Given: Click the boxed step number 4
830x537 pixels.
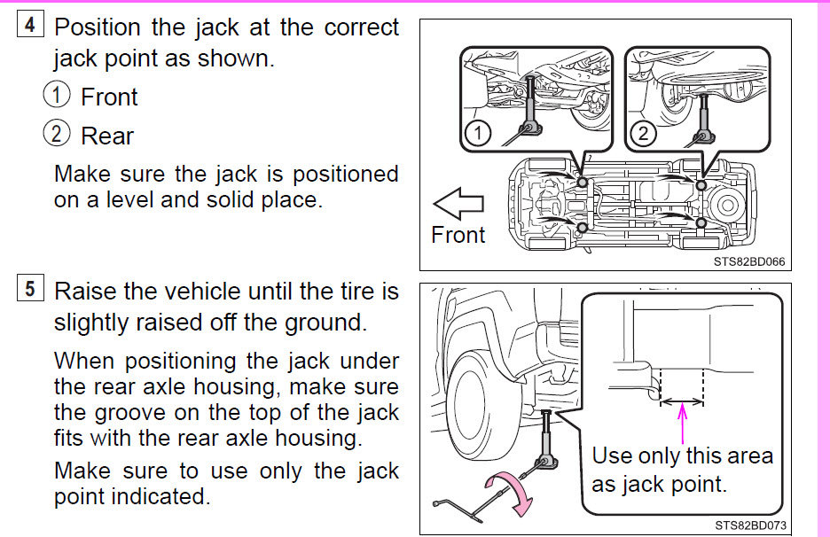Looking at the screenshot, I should click(29, 25).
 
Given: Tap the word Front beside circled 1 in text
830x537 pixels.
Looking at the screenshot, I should click(109, 97).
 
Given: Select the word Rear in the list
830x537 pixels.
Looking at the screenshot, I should click(106, 136).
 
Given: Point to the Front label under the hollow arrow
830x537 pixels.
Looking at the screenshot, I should click(458, 235).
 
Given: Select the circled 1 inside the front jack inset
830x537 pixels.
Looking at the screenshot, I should click(478, 133).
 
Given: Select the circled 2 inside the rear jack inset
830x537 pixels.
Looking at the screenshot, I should click(643, 133).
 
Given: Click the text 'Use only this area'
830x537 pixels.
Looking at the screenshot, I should click(682, 456).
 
